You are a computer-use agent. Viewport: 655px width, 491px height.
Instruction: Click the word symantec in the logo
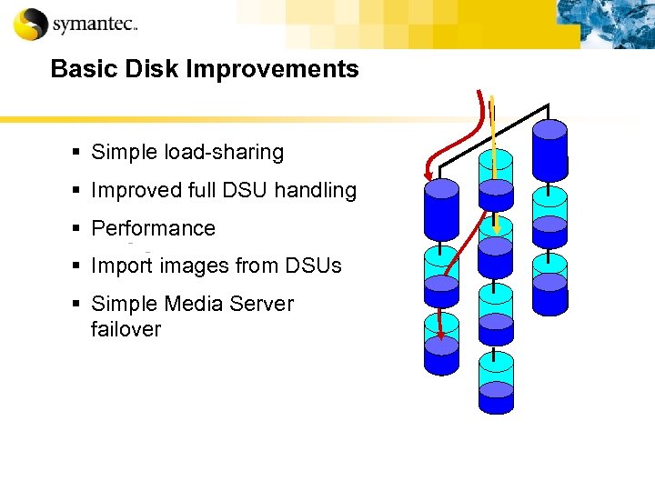tap(92, 25)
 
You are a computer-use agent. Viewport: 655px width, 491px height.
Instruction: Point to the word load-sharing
tap(224, 153)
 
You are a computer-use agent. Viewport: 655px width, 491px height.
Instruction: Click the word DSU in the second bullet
tap(247, 190)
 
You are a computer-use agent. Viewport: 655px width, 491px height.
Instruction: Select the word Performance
tap(153, 228)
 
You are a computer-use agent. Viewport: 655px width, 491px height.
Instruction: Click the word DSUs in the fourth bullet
tap(313, 266)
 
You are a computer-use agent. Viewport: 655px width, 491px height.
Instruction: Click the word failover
tap(126, 329)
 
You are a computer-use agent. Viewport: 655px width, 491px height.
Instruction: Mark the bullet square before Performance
tap(82, 229)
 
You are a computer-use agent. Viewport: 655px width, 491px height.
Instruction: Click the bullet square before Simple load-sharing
tap(82, 153)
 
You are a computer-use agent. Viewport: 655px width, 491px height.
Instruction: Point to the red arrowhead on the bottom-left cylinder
tap(442, 336)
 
